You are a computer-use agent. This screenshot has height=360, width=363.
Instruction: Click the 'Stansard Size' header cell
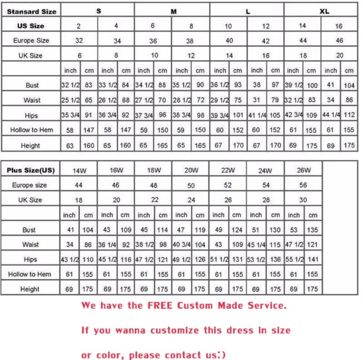click(x=32, y=11)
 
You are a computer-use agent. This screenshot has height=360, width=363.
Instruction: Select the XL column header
click(x=324, y=11)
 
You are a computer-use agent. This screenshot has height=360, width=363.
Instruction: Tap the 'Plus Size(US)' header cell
click(x=31, y=171)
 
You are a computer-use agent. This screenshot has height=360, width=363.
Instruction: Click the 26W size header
click(x=303, y=171)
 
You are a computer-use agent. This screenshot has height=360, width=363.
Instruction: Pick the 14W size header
click(x=78, y=171)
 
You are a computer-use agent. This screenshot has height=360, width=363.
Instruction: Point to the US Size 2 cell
click(x=78, y=26)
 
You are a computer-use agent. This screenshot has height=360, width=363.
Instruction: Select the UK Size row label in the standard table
click(x=31, y=56)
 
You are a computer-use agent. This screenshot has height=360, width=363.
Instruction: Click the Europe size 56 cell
click(x=303, y=185)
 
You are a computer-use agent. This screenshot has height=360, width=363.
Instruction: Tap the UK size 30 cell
click(x=303, y=200)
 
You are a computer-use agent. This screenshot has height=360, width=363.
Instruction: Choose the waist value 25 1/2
click(x=70, y=100)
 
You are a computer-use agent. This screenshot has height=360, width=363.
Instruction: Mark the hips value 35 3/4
click(x=70, y=116)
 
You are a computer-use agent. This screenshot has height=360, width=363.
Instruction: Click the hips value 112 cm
click(x=349, y=115)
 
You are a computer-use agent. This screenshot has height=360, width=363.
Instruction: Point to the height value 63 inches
click(x=70, y=146)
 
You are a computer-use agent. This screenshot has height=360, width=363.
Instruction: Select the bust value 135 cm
click(x=313, y=230)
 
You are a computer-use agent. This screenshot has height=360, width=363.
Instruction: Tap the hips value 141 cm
click(x=313, y=260)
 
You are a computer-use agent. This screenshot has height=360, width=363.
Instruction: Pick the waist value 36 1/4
click(x=107, y=245)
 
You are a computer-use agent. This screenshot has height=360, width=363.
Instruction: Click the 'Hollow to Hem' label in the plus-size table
click(x=30, y=274)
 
